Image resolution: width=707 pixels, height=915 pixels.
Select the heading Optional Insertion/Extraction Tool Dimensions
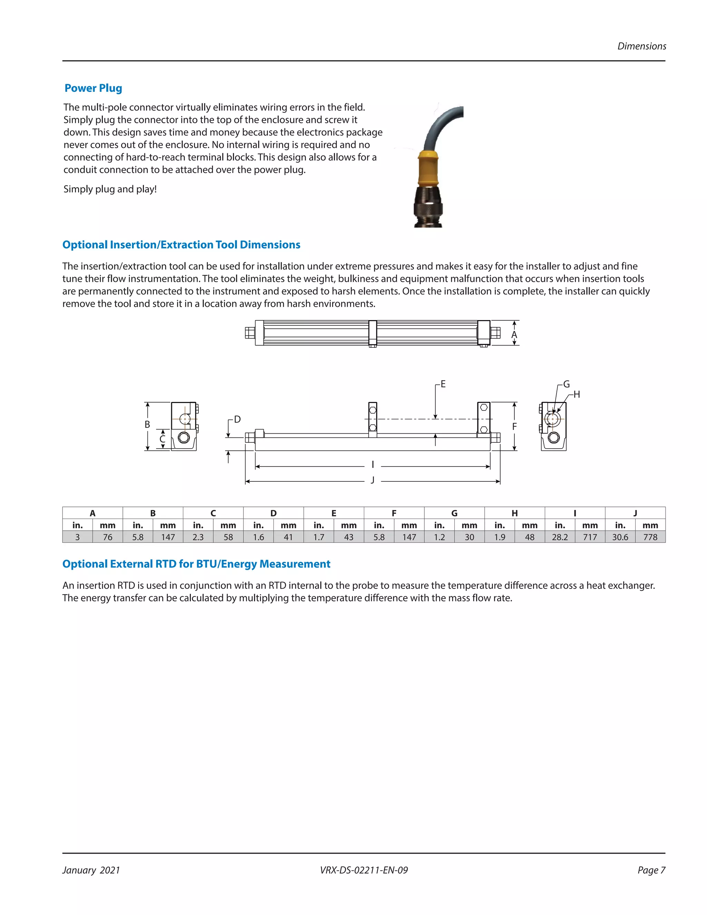(x=181, y=245)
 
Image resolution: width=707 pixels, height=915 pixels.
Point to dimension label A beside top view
(x=514, y=335)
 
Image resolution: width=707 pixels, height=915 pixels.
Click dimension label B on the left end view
(x=147, y=424)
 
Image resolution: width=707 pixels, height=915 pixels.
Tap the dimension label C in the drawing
(x=163, y=439)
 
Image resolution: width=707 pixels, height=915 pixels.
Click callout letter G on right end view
(x=566, y=384)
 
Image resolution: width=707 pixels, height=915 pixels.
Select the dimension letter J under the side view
(x=372, y=480)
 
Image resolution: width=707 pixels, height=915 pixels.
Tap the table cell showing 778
(x=650, y=537)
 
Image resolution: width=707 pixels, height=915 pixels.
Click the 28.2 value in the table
(x=560, y=537)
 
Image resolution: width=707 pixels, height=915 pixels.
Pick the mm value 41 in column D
(x=288, y=537)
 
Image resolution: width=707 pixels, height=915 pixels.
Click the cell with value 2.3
(x=198, y=537)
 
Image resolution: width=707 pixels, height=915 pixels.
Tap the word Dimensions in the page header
(x=641, y=47)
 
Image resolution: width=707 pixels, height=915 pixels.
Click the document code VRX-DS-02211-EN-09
(x=364, y=870)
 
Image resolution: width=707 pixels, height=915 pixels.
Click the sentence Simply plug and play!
(x=110, y=189)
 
